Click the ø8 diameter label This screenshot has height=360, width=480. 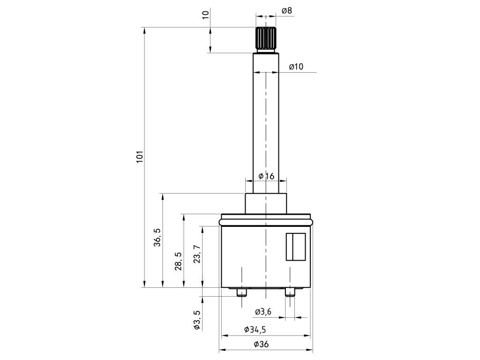click(287, 11)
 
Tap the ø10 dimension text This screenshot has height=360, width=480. click(296, 67)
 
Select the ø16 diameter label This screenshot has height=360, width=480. click(266, 176)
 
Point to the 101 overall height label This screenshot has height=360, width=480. click(140, 157)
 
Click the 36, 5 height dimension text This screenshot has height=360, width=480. click(157, 238)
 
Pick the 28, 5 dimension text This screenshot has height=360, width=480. click(178, 261)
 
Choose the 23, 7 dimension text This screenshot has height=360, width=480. click(197, 254)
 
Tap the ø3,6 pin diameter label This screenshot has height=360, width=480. click(263, 312)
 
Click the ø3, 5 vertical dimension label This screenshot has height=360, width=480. click(197, 320)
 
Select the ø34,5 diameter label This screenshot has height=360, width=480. click(255, 330)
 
